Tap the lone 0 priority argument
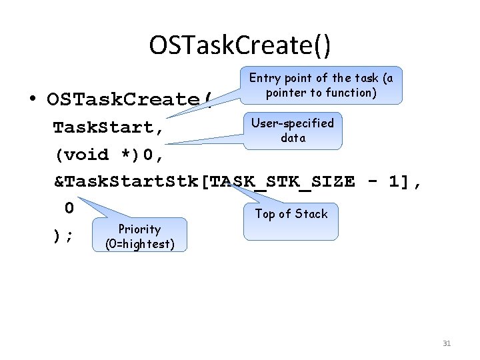tap(69, 208)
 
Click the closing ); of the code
tap(63, 235)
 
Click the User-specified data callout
tap(293, 131)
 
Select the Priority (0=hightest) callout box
tap(140, 236)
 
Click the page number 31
tap(447, 343)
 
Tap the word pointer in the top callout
tap(283, 93)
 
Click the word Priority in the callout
tap(139, 229)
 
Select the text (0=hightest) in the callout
tap(140, 244)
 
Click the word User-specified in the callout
tap(292, 123)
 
